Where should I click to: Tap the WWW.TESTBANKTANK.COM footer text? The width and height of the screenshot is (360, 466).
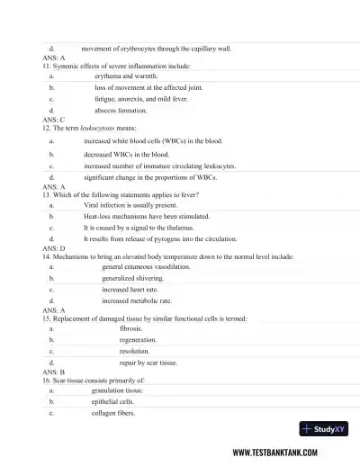click(x=289, y=453)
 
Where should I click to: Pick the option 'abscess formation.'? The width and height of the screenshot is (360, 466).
click(x=121, y=110)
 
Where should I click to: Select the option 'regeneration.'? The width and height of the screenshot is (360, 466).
click(x=138, y=340)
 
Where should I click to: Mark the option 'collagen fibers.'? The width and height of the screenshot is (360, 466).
click(x=113, y=413)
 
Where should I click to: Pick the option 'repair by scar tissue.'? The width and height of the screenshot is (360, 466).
click(x=148, y=363)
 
